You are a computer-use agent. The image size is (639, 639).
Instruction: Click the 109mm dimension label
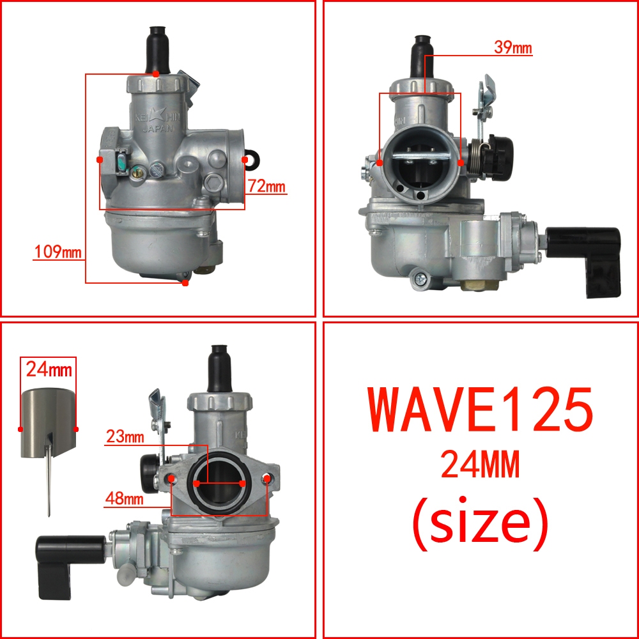pyautogui.click(x=58, y=251)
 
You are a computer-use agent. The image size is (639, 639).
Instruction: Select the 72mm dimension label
pyautogui.click(x=266, y=186)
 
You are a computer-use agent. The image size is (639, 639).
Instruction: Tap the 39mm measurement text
pyautogui.click(x=512, y=47)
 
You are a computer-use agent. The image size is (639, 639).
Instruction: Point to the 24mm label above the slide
pyautogui.click(x=49, y=369)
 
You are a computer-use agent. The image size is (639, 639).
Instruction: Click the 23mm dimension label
pyautogui.click(x=125, y=436)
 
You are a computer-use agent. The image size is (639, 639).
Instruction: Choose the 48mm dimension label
pyautogui.click(x=125, y=498)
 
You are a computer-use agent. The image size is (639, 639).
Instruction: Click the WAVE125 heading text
pyautogui.click(x=480, y=409)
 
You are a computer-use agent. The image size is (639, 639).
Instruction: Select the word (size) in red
pyautogui.click(x=480, y=524)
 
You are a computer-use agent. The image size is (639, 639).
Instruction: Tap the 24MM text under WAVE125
pyautogui.click(x=480, y=464)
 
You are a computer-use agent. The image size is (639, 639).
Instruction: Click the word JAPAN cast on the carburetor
pyautogui.click(x=158, y=128)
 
